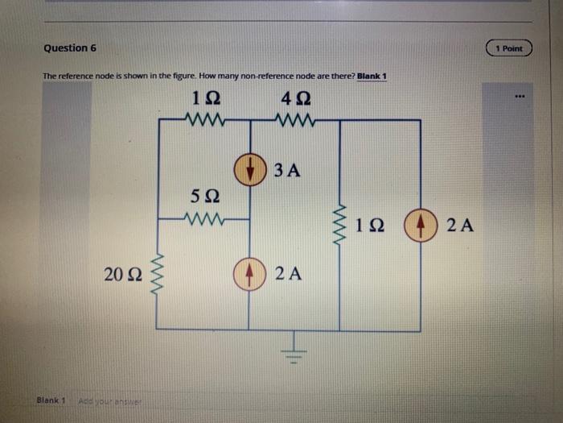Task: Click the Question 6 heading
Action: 70,48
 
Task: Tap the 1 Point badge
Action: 508,48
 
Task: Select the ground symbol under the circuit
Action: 294,347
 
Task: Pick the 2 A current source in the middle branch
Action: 249,274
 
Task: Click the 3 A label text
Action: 287,171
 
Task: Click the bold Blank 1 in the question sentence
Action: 372,77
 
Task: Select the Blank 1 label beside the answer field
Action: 51,400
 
